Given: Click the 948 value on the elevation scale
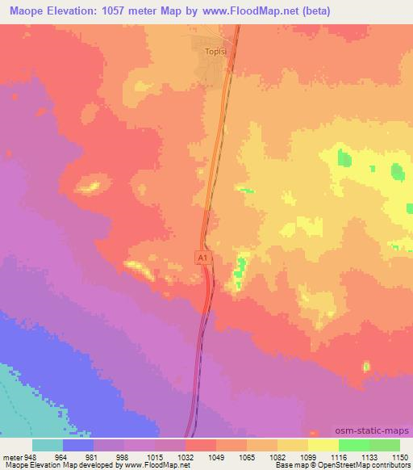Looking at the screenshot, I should point(30,456).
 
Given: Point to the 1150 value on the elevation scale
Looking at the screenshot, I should point(401,456).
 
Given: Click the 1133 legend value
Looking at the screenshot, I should point(370,456).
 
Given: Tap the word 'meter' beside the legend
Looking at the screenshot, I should point(10,456).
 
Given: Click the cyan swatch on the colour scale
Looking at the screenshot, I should point(48,445).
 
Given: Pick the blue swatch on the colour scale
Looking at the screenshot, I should point(78,445).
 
